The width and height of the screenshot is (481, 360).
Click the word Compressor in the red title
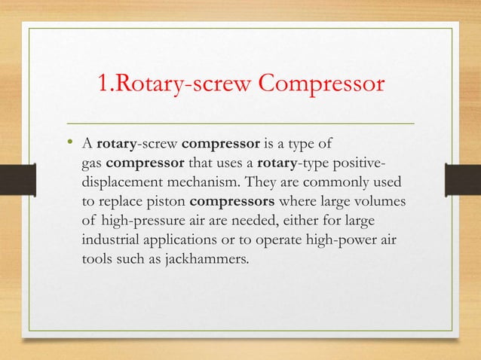pos(322,86)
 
